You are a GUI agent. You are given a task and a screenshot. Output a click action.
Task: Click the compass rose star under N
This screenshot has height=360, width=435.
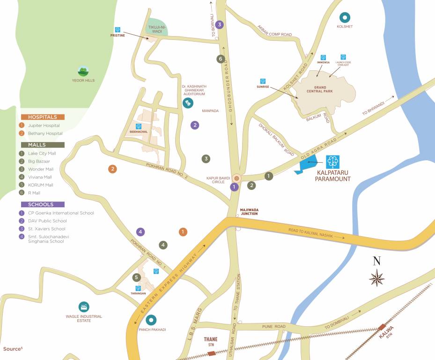pos(376,277)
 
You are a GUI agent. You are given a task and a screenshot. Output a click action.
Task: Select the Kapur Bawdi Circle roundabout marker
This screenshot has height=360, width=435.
pos(236,178)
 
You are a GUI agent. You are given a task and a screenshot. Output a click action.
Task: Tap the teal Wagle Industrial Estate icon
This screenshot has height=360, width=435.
pos(84,307)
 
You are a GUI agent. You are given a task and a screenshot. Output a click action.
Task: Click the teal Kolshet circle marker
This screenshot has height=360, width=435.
pos(345,18)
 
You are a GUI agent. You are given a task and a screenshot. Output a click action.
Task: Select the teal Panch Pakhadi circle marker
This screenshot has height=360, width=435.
pos(151,320)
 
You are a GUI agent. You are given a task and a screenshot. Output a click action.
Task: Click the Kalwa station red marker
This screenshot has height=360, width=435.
pos(383,327)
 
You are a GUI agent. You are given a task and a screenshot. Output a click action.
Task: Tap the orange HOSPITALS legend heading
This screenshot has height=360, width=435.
pos(42,117)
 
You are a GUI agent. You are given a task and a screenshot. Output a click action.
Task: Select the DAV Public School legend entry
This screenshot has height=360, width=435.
pos(47,221)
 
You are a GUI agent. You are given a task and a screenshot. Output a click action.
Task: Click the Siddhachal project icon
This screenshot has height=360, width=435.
pos(138,127)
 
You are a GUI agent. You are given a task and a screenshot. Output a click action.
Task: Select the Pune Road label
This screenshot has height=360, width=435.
pos(274,326)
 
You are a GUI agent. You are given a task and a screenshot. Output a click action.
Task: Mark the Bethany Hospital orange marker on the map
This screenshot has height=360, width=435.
pos(112,169)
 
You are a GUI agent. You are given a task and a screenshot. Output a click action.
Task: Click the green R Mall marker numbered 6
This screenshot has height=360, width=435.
pos(221,59)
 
